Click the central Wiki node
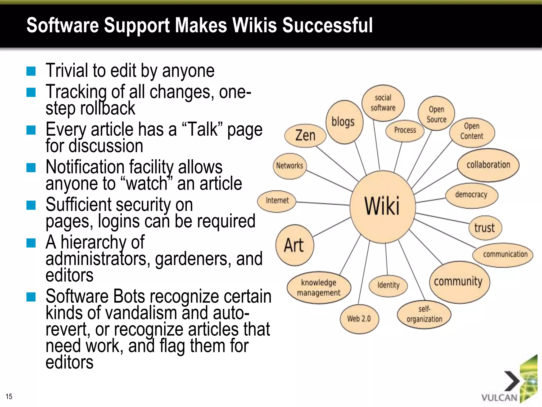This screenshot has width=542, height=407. point(382,206)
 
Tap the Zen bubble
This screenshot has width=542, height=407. point(305,135)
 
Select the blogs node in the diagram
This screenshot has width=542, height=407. point(343,122)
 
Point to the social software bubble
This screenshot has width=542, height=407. point(383,103)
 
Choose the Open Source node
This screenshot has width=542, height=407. point(436,114)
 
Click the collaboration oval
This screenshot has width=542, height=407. point(488,165)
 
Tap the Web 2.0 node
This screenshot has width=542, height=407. point(359,318)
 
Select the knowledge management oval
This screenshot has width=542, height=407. point(319,288)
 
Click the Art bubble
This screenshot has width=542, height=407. point(294,245)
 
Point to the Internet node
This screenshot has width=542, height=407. point(277,201)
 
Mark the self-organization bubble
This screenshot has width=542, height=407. point(424,314)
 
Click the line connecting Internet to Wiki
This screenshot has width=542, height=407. point(323,203)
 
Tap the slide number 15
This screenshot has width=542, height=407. point(9,396)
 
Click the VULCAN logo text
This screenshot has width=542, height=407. point(499,398)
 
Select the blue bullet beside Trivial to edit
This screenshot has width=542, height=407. point(31,71)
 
